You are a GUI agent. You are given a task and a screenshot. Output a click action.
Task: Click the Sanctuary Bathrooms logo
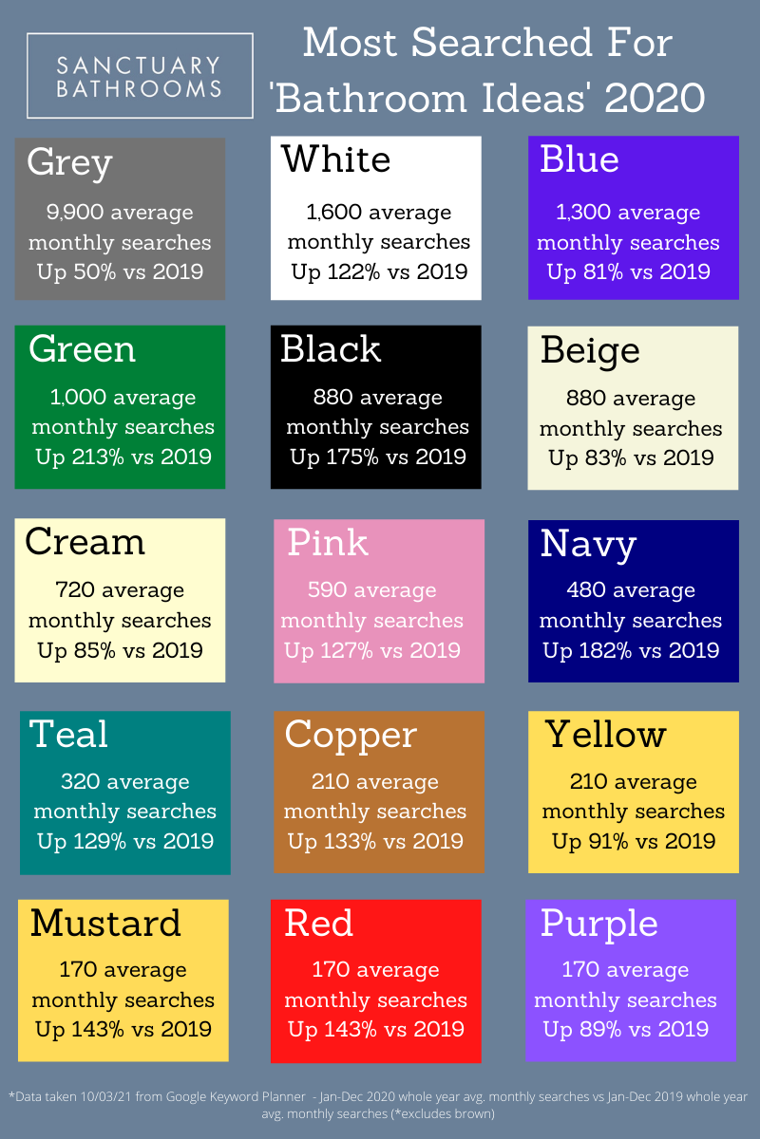click(140, 76)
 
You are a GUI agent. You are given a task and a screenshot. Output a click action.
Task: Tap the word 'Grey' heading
click(69, 162)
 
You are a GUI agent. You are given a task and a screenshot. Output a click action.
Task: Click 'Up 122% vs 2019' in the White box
click(379, 272)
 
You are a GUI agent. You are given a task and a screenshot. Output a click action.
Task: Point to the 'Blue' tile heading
click(579, 159)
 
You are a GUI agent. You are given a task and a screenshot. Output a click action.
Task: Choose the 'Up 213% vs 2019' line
click(123, 457)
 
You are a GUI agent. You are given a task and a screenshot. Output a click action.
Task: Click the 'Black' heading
click(331, 349)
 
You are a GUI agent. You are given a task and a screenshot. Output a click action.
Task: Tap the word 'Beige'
click(590, 350)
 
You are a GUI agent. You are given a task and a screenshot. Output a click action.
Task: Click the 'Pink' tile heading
click(328, 542)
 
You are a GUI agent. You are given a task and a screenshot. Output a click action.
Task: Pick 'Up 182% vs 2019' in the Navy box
click(631, 651)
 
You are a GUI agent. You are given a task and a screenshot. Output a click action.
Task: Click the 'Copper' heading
click(351, 735)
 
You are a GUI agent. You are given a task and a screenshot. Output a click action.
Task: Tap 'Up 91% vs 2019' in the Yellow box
click(634, 842)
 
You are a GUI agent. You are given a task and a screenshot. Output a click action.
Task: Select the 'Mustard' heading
click(105, 924)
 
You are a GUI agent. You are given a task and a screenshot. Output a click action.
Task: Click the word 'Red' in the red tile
click(319, 924)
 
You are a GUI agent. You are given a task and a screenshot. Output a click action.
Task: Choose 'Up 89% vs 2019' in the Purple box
click(625, 1030)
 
